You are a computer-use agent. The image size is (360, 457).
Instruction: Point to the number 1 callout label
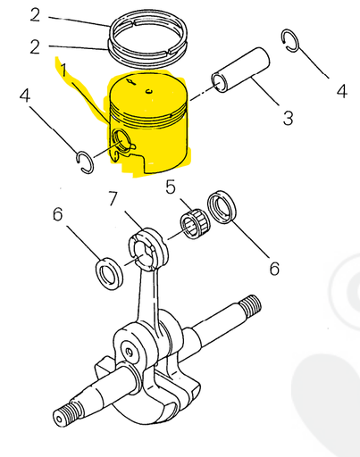pos(63,68)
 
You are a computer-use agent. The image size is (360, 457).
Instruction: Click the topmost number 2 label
pos(35,14)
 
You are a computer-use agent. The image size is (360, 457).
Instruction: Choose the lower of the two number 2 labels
pos(35,47)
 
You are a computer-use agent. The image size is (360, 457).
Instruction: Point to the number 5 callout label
pos(171,187)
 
